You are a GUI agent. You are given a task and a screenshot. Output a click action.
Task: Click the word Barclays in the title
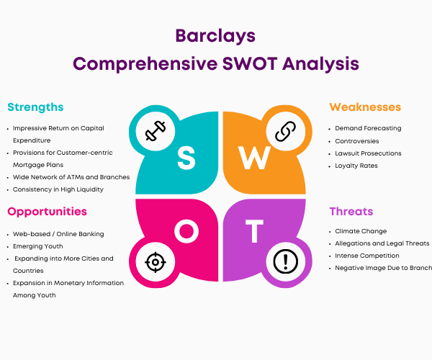[215, 36]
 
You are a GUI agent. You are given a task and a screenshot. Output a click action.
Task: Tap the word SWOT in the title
[250, 63]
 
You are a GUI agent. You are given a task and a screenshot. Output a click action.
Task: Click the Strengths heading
[35, 107]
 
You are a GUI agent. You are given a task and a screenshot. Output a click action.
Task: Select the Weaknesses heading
[365, 107]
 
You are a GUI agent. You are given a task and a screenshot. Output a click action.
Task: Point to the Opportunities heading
[47, 212]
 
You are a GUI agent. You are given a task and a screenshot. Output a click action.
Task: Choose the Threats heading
[351, 211]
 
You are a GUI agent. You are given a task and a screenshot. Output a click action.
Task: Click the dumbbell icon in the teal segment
[156, 131]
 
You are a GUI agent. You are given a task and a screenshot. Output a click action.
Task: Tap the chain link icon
[285, 131]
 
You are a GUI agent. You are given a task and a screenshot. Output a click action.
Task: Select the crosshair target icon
[156, 262]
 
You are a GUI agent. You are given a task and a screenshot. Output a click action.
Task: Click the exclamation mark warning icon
[285, 261]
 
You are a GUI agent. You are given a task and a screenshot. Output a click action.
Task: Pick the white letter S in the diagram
[186, 158]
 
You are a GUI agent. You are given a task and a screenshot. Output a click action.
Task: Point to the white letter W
[255, 158]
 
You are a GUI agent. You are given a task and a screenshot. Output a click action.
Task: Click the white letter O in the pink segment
[186, 231]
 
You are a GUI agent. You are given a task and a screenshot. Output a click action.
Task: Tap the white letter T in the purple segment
[254, 231]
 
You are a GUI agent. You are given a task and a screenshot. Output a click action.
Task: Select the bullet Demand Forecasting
[368, 128]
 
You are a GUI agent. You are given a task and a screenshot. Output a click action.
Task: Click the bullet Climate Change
[361, 231]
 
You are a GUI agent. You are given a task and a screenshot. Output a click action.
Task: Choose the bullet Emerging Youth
[38, 246]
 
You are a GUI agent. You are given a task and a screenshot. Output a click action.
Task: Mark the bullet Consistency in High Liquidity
[58, 189]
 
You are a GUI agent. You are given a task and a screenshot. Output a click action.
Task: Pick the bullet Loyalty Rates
[356, 166]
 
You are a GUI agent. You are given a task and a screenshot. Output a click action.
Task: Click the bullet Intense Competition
[367, 256]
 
